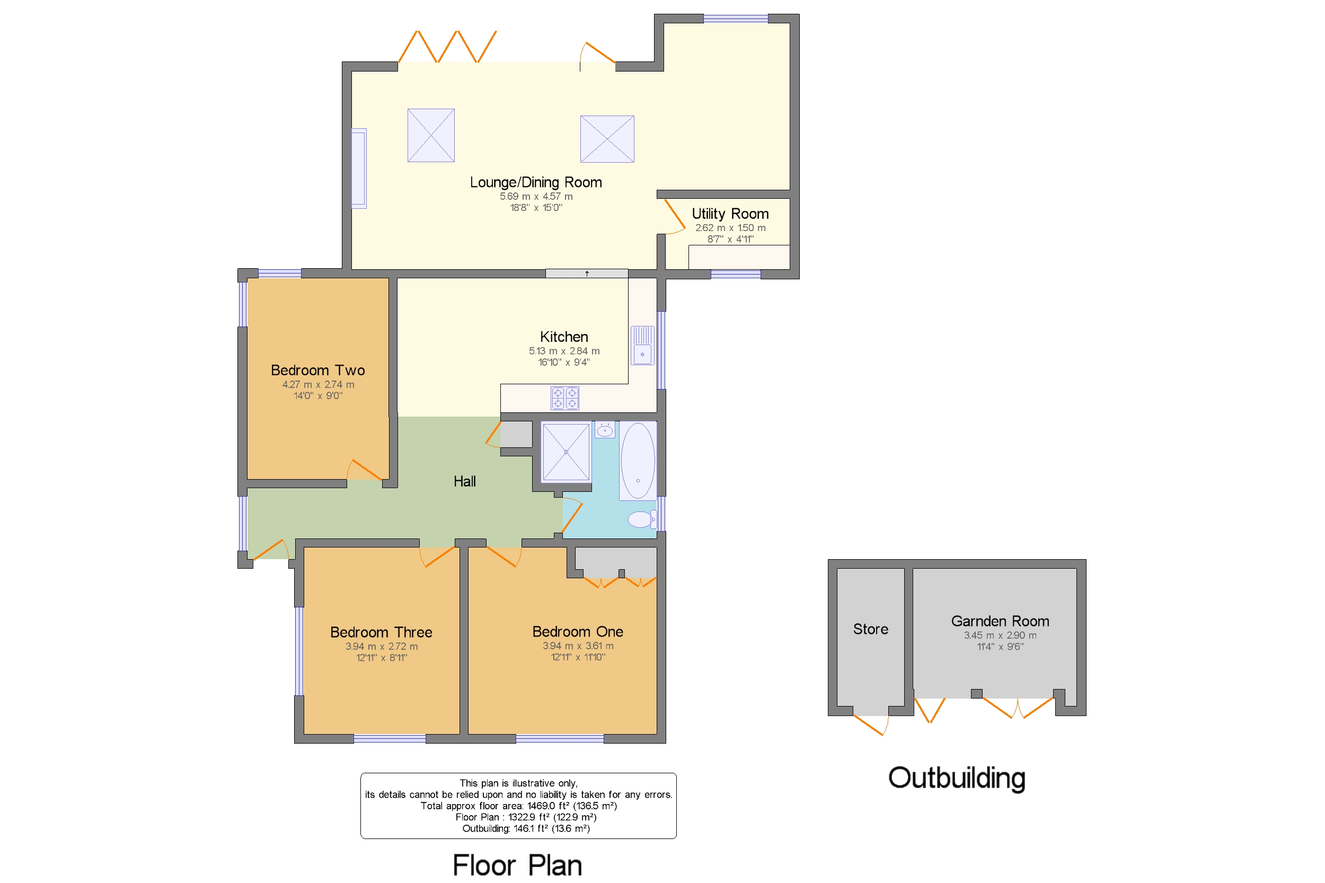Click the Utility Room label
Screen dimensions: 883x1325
pos(730,214)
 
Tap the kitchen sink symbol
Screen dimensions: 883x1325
pos(642,346)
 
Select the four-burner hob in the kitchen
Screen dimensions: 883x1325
pos(564,398)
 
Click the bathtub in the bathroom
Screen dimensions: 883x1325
pos(638,460)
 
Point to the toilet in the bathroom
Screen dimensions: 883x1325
pos(640,519)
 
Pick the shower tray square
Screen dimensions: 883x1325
pos(566,452)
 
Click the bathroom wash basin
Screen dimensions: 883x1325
pos(604,431)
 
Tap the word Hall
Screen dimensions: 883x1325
pos(465,481)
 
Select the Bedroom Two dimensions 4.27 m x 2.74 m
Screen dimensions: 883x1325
pos(318,385)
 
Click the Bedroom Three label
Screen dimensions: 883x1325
pos(381,632)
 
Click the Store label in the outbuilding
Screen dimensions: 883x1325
pos(870,629)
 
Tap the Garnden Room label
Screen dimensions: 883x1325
pos(1000,621)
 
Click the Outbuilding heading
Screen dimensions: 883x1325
pos(956,778)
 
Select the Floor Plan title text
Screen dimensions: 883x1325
pos(517,865)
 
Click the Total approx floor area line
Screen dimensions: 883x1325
pos(518,806)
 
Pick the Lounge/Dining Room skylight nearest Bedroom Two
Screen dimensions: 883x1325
pos(431,135)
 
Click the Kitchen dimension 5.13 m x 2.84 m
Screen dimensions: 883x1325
pos(564,351)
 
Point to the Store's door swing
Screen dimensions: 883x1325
pos(871,724)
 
